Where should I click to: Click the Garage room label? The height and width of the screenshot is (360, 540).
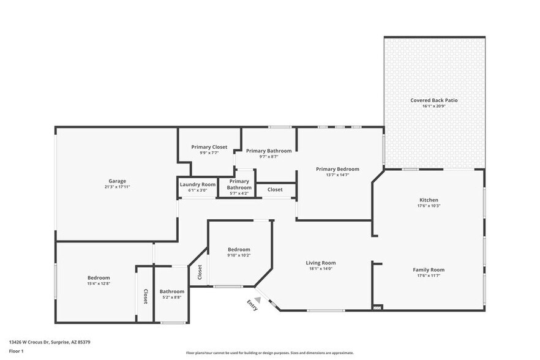117,181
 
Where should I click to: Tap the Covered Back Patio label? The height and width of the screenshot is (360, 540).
433,100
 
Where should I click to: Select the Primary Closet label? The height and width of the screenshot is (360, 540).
209,147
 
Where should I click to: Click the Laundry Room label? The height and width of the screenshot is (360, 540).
197,184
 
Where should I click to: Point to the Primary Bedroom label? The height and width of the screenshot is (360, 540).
337,169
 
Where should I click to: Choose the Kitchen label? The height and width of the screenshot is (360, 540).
428,200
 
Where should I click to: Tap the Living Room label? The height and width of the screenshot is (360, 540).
321,263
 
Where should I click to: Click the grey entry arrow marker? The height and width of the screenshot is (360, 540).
258,300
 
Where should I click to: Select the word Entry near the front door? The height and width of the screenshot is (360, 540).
252,304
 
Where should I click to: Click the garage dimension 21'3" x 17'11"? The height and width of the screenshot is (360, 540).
117,187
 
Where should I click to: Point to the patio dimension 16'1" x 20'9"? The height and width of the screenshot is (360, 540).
433,106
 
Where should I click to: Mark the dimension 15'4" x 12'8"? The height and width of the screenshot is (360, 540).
99,283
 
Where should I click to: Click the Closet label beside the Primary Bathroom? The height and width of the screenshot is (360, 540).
276,190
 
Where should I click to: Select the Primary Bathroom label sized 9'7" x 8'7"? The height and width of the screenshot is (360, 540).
269,151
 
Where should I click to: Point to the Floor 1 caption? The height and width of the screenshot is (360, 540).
16,351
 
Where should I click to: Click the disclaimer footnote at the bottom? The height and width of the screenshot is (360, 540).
270,353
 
